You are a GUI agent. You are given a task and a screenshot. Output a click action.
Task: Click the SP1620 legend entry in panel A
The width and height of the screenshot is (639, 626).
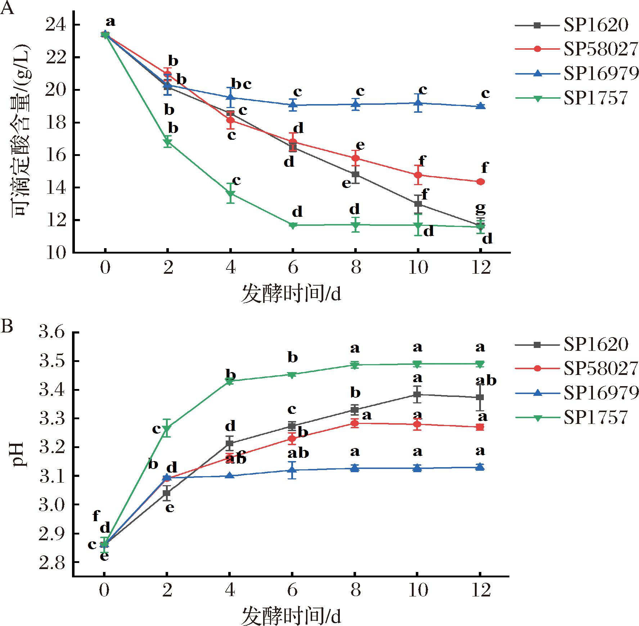click(596, 25)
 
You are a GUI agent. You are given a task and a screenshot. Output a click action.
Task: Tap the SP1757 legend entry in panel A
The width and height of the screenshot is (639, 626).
click(595, 98)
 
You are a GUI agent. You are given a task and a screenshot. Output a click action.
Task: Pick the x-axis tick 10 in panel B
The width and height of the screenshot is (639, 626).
click(418, 590)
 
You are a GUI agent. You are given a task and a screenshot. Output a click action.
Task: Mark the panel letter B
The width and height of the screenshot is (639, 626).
click(7, 327)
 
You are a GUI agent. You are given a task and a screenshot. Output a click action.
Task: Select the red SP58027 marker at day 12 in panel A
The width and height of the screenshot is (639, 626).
click(480, 182)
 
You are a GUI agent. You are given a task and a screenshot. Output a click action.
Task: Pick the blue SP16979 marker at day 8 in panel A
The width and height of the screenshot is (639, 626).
click(355, 104)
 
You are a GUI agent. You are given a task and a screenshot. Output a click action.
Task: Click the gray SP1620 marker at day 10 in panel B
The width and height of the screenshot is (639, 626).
click(417, 394)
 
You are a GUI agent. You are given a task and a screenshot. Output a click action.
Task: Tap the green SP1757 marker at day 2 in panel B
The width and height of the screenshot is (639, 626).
click(167, 428)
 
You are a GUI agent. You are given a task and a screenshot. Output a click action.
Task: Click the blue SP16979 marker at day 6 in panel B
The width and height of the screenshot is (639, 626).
click(292, 470)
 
